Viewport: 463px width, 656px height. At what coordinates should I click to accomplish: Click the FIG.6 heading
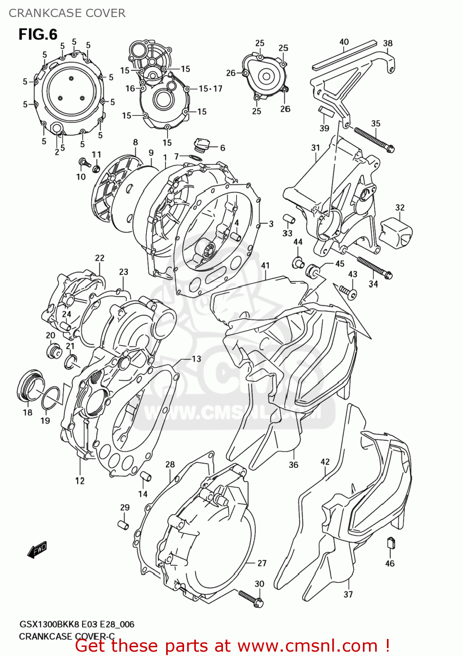tap(38, 35)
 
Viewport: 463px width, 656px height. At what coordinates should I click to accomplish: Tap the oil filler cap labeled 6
tap(202, 145)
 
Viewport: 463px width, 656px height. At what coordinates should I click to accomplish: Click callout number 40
tap(344, 42)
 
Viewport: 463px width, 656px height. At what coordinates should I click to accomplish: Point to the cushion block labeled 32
tap(396, 232)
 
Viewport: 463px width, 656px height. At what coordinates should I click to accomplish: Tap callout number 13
tap(196, 359)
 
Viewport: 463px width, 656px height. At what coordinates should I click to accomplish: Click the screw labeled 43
tap(348, 292)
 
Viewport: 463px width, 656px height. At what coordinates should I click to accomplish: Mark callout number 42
tap(325, 462)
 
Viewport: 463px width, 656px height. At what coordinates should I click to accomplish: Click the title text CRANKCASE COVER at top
tap(67, 13)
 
